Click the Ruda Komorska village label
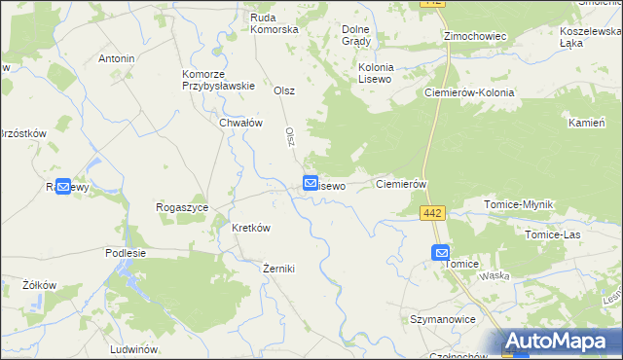click(274, 23)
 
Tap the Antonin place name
click(117, 58)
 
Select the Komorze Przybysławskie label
click(218, 79)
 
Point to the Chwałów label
click(241, 123)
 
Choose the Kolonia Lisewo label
click(375, 73)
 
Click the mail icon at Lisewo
click(311, 182)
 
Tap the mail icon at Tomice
click(441, 252)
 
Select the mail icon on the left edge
click(62, 186)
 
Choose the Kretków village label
click(250, 228)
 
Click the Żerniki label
click(278, 268)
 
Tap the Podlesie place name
click(126, 252)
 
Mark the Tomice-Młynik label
click(519, 204)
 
